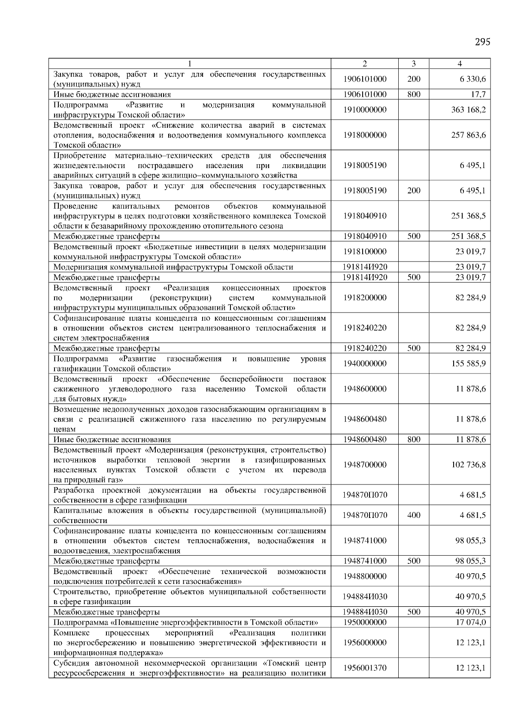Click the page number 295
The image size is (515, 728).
(x=482, y=42)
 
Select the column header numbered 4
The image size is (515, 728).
(x=460, y=64)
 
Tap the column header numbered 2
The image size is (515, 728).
(x=365, y=64)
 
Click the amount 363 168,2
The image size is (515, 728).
(x=469, y=110)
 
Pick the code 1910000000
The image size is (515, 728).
(x=365, y=110)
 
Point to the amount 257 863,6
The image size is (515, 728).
(x=469, y=135)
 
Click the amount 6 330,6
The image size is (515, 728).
(x=473, y=79)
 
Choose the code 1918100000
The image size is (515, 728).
(x=365, y=252)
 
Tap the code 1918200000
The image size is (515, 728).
(x=365, y=298)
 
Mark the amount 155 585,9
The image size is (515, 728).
(x=469, y=364)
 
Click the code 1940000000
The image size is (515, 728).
(x=365, y=364)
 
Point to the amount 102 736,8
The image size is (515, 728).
(x=469, y=465)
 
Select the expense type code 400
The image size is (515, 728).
(x=414, y=515)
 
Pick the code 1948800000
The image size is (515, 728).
(x=365, y=577)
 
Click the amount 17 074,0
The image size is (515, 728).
(x=471, y=622)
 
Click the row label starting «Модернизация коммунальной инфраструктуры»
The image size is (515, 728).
(x=173, y=267)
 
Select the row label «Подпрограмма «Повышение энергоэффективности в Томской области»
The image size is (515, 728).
(x=186, y=622)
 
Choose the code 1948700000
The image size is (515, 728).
(x=365, y=465)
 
